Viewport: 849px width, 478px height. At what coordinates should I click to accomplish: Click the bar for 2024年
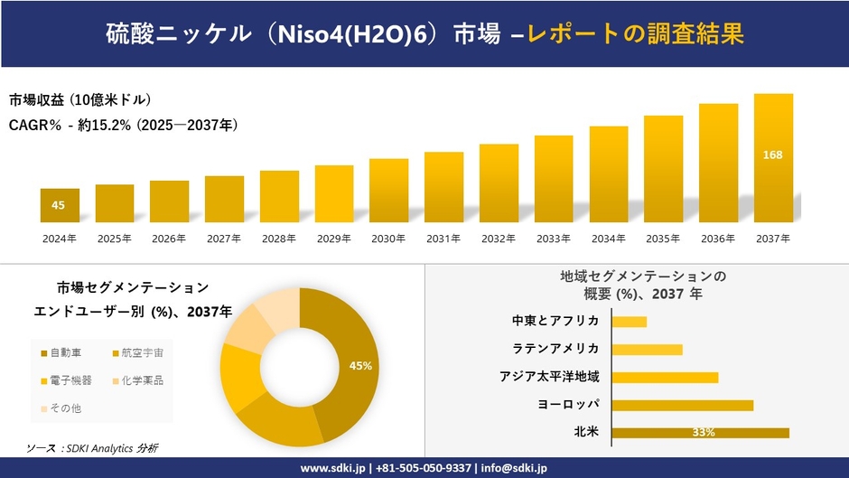(60, 205)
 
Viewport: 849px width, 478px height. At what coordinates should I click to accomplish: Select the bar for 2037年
(773, 158)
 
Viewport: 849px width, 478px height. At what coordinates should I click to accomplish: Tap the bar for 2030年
(388, 191)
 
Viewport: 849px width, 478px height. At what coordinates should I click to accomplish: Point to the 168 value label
(773, 155)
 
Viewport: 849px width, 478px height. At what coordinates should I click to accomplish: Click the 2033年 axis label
(554, 239)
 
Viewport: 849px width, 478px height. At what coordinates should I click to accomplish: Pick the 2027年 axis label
(224, 239)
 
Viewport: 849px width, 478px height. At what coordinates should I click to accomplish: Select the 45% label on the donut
(361, 366)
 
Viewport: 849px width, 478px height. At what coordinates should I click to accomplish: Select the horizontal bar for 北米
(700, 433)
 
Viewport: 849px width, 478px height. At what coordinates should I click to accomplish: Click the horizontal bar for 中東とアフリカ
(629, 322)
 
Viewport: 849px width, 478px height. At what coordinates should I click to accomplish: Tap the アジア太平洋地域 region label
(549, 376)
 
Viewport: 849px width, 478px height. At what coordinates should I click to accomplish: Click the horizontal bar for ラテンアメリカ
(647, 350)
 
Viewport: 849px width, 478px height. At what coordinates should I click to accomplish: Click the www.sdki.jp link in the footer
(332, 468)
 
